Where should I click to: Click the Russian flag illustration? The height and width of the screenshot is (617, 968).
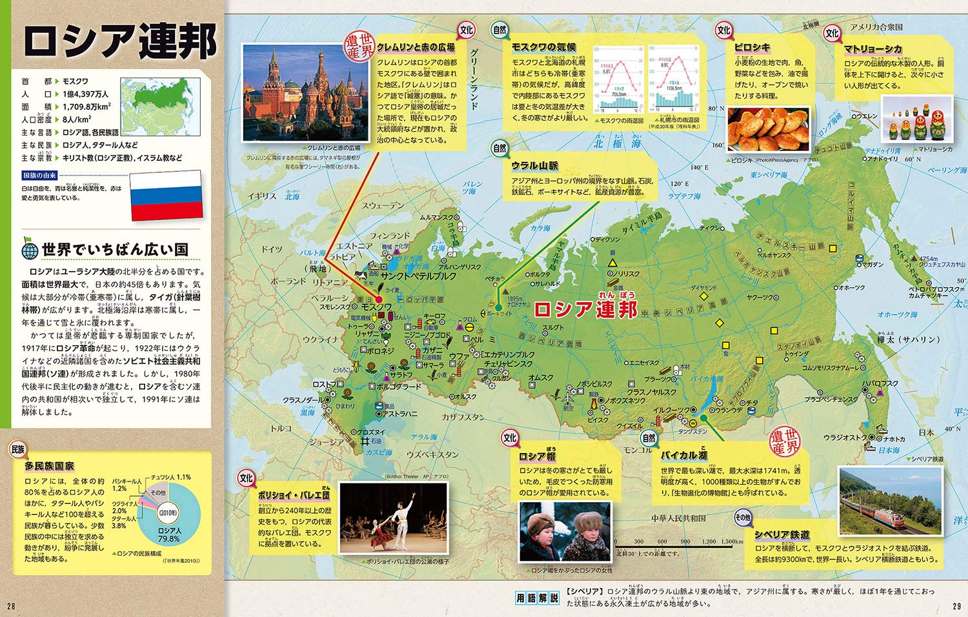166,194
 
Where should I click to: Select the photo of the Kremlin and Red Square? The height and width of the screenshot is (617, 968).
305,92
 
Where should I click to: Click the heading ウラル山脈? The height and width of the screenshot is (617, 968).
535,166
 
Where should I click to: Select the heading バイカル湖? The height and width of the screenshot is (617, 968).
683,455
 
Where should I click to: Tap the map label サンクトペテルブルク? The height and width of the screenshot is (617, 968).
418,276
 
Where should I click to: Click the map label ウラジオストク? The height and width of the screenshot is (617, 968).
845,438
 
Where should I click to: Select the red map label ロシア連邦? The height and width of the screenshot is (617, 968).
585,308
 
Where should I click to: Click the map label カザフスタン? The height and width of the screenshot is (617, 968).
463,417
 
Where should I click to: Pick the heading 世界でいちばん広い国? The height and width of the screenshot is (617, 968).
115,250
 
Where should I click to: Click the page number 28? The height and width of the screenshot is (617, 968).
11,605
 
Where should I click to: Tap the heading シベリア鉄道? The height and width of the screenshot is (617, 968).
782,534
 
